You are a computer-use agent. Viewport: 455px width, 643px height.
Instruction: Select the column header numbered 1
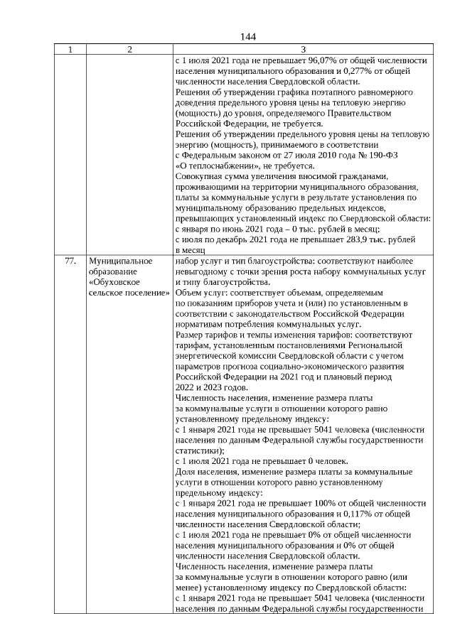[70, 50]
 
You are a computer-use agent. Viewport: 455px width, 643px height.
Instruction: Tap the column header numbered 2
[129, 50]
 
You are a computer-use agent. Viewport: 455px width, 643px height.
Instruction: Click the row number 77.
[70, 261]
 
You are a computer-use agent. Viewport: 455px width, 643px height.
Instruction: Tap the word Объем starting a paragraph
[188, 293]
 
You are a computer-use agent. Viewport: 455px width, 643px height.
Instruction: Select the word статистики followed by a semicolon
[198, 450]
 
